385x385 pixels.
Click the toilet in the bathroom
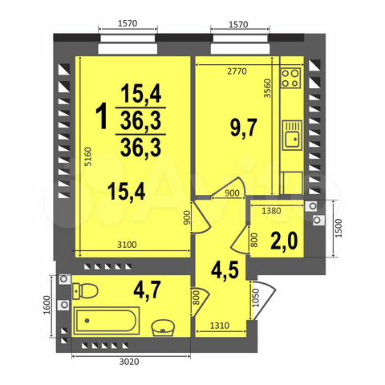pos(86,289)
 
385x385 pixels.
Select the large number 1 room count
pos(102,118)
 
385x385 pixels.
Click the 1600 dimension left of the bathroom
pos(48,309)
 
